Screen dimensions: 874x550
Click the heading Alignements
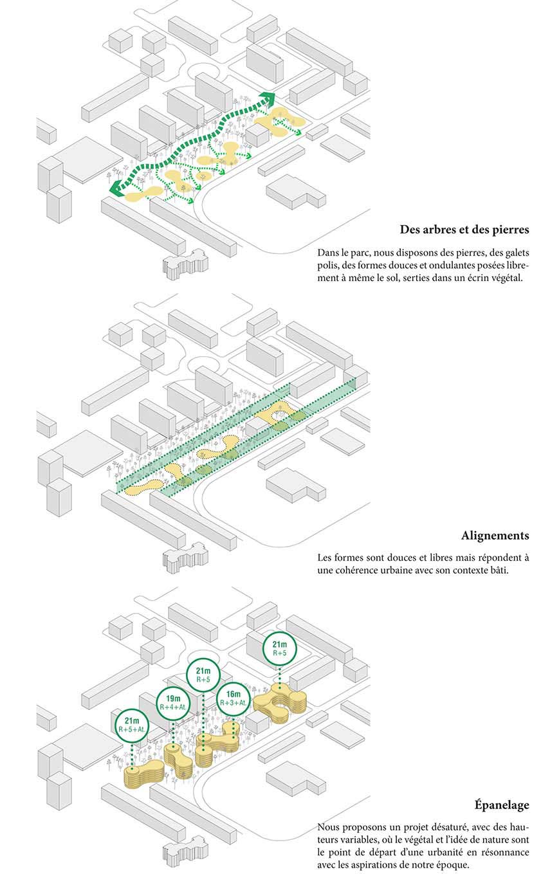coord(495,535)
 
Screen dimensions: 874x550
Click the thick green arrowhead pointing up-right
coord(266,98)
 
